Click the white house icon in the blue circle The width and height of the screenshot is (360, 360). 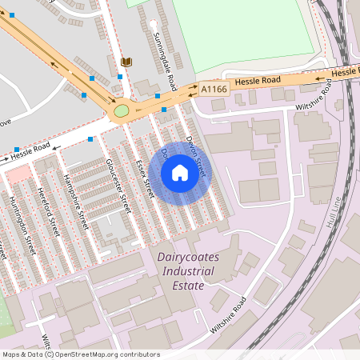180,173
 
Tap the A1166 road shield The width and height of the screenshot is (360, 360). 214,89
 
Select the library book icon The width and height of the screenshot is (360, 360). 126,62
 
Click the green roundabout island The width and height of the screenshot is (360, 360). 122,110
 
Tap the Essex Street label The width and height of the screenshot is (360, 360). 144,177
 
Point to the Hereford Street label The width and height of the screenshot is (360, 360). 48,212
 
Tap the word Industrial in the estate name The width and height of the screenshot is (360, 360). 186,272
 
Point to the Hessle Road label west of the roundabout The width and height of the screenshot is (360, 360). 30,151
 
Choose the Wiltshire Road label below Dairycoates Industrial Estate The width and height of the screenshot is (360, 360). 228,315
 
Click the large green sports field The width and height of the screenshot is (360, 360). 244,32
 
